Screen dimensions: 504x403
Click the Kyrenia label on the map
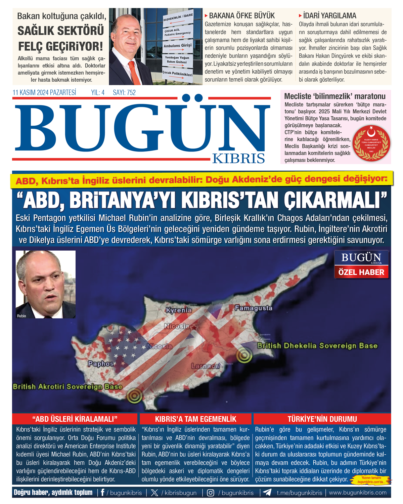pyautogui.click(x=179, y=310)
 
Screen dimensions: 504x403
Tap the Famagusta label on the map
pyautogui.click(x=254, y=308)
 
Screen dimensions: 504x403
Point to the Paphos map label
pyautogui.click(x=101, y=364)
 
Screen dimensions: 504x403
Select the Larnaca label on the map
pyautogui.click(x=206, y=366)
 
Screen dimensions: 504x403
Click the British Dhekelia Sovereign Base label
pyautogui.click(x=317, y=346)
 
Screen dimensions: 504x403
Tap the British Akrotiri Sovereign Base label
pyautogui.click(x=68, y=387)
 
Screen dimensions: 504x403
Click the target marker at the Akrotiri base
pyautogui.click(x=134, y=396)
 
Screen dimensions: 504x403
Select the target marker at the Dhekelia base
pyautogui.click(x=244, y=355)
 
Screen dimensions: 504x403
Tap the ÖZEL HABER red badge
pyautogui.click(x=361, y=272)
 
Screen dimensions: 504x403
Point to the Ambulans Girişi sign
pyautogui.click(x=177, y=46)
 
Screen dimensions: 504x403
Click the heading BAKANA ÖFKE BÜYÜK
pyautogui.click(x=242, y=16)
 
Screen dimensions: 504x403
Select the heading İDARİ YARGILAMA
pyautogui.click(x=329, y=16)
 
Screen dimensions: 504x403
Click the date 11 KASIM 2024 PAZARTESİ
pyautogui.click(x=44, y=93)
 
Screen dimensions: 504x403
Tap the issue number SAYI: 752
pyautogui.click(x=124, y=93)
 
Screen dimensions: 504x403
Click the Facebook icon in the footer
pyautogui.click(x=102, y=493)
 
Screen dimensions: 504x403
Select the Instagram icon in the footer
pyautogui.click(x=211, y=493)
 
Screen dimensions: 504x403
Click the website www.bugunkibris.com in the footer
pyautogui.click(x=358, y=493)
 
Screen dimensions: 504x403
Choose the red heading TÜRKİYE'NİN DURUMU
pyautogui.click(x=322, y=419)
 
